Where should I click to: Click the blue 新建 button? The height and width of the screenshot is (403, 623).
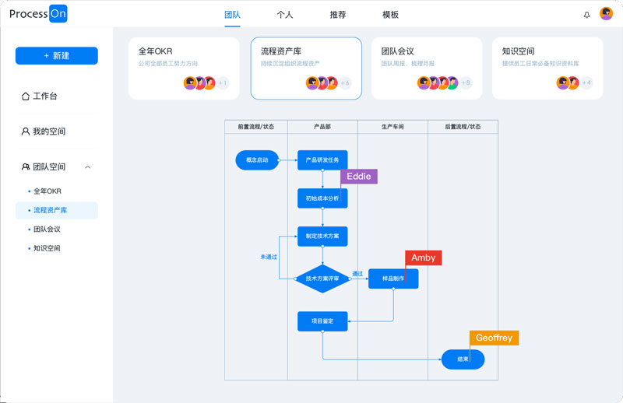coord(56,56)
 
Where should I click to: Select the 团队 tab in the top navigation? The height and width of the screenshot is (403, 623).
coord(232,15)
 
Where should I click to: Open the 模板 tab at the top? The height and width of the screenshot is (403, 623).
coord(390,15)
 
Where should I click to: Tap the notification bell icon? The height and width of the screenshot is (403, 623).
coord(587,15)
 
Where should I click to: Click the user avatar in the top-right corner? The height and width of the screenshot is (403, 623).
coord(606,14)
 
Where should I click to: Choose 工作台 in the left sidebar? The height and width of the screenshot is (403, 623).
coord(44,96)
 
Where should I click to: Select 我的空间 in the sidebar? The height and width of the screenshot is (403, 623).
coord(48,131)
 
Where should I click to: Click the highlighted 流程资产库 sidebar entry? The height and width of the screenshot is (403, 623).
coord(51,210)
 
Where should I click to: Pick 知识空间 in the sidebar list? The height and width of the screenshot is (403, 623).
coord(47,248)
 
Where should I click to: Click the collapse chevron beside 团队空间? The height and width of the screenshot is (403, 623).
coord(88,167)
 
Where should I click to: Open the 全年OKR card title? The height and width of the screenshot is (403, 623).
coord(156,51)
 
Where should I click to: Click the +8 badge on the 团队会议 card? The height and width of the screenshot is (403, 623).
coord(466,83)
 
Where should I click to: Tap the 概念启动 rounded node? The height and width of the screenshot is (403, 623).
coord(257,160)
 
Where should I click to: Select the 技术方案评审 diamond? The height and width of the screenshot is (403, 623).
coord(322,279)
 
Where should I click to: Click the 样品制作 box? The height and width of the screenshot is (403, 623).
coord(393,279)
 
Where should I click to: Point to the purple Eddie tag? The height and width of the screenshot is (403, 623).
coord(358,177)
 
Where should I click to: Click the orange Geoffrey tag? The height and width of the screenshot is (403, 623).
coord(494,338)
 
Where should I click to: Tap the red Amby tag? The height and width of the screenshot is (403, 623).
coord(424,258)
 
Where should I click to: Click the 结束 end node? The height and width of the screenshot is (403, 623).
coord(463,359)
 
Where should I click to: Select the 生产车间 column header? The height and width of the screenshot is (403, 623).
coord(392,126)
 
